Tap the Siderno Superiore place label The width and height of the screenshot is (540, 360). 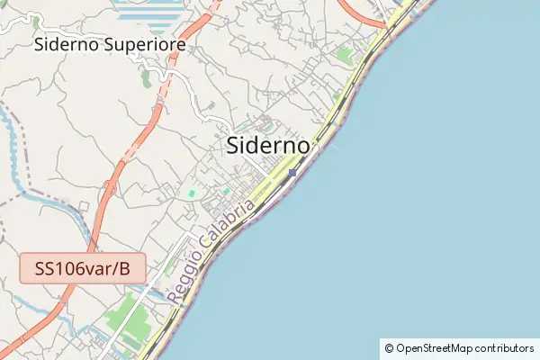[110, 44]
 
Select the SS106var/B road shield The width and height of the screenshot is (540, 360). [82, 268]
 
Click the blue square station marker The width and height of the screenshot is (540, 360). [292, 173]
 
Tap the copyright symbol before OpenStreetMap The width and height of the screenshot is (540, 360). [389, 348]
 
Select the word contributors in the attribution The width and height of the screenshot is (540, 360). [504, 348]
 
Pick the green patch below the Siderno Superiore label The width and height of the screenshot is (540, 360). [146, 77]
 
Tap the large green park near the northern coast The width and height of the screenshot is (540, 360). [344, 55]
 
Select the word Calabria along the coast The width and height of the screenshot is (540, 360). [226, 232]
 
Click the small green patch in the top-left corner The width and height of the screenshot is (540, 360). [34, 20]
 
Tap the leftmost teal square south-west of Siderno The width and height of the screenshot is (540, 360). [191, 193]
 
